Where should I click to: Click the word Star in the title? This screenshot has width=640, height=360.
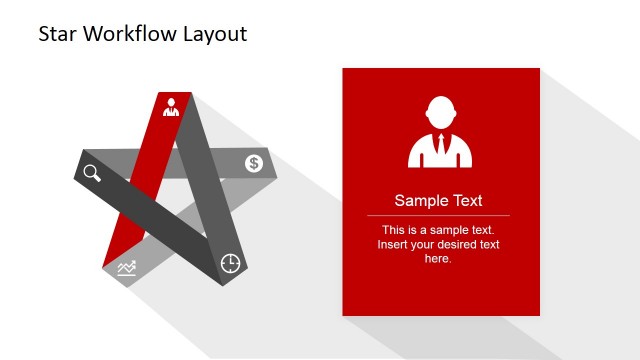pos(57,34)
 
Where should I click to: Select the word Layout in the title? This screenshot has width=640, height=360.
pos(214,34)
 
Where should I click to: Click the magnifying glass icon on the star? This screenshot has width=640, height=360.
pos(92,172)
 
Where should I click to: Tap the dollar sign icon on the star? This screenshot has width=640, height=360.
pos(254,163)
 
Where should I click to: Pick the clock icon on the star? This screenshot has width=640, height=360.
pos(230,263)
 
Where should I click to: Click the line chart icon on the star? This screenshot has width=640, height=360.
pos(126,267)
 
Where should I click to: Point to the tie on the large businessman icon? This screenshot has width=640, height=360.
pos(440,150)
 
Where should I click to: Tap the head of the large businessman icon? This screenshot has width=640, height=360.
pos(440,111)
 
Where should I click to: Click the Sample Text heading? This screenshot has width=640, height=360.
pos(438,200)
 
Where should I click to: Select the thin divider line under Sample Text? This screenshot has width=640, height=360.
pos(438,215)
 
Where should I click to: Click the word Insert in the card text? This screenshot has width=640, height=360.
pos(394,244)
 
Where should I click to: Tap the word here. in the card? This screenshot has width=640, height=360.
pos(438,258)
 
